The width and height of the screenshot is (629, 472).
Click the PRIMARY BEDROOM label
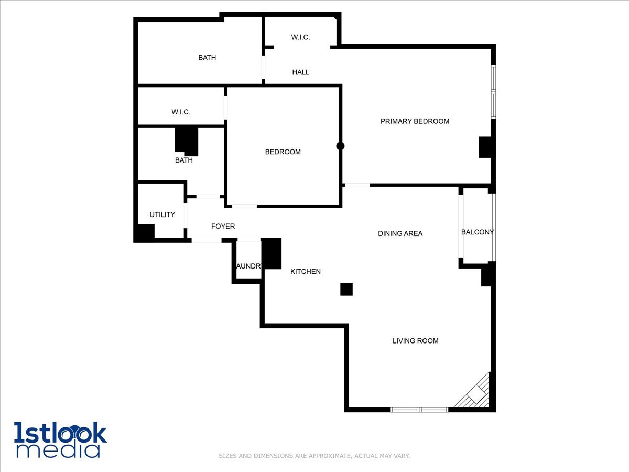[x=415, y=121]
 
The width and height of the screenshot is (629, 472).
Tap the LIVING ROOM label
[x=415, y=341]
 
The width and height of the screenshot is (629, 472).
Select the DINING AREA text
[x=400, y=233]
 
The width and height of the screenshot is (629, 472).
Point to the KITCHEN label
[x=306, y=272]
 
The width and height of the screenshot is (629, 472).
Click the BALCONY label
[x=478, y=232]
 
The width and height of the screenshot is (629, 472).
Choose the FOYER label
[x=223, y=227]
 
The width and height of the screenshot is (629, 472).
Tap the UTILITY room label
[x=162, y=214]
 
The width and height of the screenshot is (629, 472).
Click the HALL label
[x=300, y=72]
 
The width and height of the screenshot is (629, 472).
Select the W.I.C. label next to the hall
[x=300, y=37]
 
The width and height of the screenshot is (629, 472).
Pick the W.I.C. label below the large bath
[x=181, y=112]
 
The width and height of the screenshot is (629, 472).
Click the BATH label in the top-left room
[x=207, y=58]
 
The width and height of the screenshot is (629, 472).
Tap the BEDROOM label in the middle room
[x=283, y=152]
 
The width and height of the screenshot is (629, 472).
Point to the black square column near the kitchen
[x=346, y=289]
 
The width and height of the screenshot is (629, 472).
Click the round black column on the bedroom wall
[x=340, y=146]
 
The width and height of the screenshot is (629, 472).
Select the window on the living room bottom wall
[x=419, y=409]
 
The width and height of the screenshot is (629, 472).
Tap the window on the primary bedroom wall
[x=493, y=91]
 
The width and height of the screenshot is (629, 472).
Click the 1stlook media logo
[x=60, y=439]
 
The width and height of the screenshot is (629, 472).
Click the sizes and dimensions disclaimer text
[x=314, y=456]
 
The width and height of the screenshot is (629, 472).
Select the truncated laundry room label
[x=248, y=266]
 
